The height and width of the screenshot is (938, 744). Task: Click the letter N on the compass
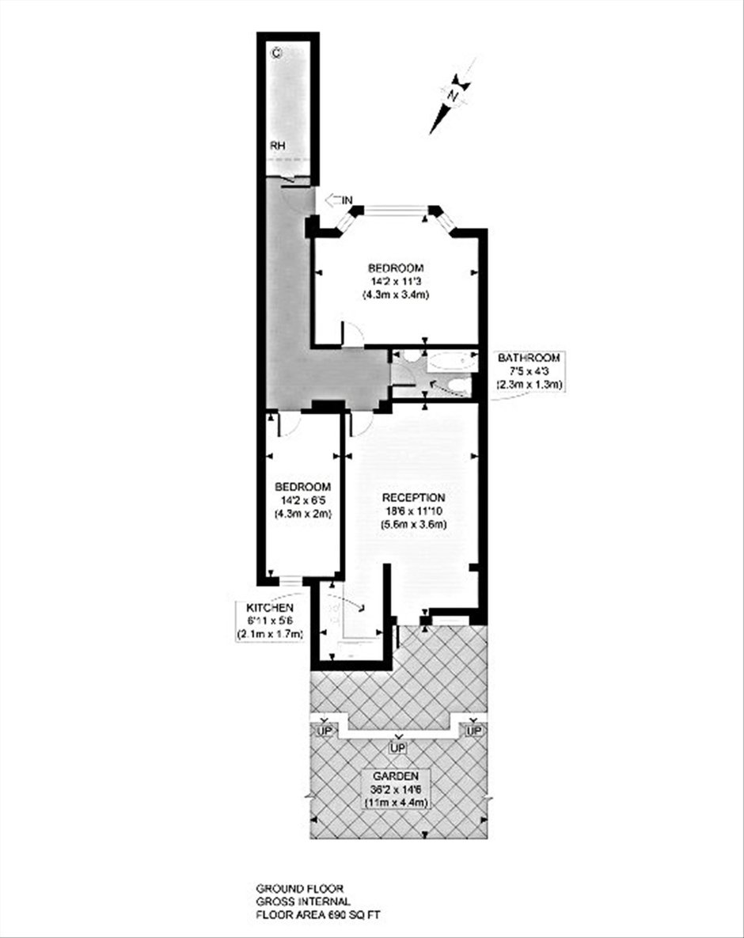tap(454, 94)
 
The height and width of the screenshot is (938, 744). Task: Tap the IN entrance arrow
tap(339, 200)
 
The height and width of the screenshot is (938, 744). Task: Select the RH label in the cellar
tap(278, 146)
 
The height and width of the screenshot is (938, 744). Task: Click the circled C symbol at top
tap(275, 53)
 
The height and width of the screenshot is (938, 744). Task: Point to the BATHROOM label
tap(530, 358)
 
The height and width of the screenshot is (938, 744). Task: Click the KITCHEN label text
tap(270, 608)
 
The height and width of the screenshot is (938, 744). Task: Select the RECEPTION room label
tap(414, 498)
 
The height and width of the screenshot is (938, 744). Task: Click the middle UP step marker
tap(397, 748)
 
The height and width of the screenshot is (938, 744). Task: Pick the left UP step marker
tap(325, 731)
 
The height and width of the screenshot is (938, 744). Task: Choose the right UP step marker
tap(473, 731)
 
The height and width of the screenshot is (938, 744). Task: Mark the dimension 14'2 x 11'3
tap(396, 280)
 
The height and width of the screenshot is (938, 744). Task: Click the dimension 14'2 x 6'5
tap(302, 500)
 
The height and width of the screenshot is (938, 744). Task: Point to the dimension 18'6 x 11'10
tap(414, 511)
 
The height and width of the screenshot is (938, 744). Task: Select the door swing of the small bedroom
tap(288, 423)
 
